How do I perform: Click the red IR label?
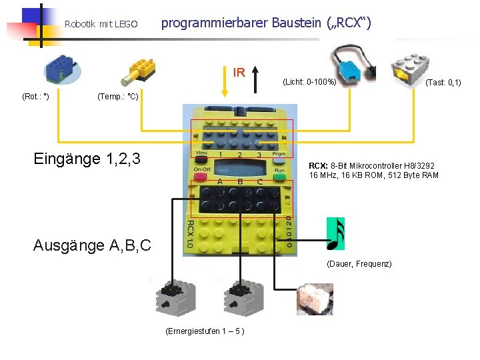[x=239, y=72]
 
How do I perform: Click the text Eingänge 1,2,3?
[x=87, y=159]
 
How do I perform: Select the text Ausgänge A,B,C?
[x=92, y=245]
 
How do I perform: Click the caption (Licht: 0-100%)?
[x=309, y=83]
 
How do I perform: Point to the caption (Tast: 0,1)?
[x=443, y=83]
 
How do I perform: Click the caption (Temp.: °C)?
[x=117, y=97]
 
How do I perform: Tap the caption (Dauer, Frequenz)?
[x=359, y=265]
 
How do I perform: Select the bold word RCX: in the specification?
[x=318, y=166]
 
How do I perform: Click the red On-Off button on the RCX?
[x=202, y=170]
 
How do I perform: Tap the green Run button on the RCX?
[x=279, y=170]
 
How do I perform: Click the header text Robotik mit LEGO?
[x=101, y=25]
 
